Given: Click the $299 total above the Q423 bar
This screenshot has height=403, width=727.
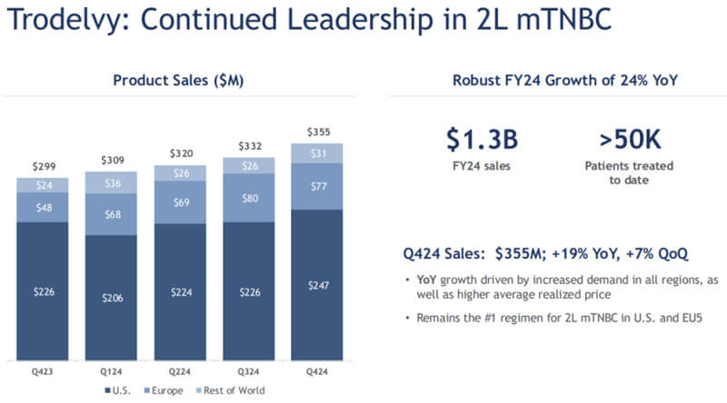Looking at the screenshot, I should point(43,166).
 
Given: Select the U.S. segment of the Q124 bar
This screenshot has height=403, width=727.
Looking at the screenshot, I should point(112,297).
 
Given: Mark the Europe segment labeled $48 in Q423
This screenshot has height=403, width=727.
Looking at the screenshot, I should point(43,206).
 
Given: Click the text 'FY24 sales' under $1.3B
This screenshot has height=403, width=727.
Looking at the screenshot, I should point(483,168).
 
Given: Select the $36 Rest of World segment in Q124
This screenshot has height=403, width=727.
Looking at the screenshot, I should point(112,182).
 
